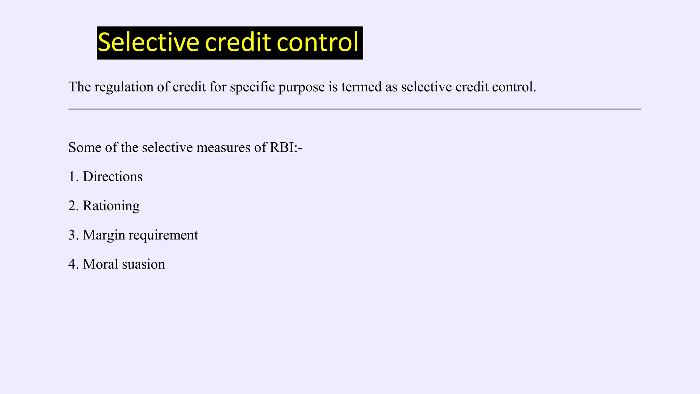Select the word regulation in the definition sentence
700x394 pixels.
(124, 87)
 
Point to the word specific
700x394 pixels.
(252, 87)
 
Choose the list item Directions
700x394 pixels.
(112, 176)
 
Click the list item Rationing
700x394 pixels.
(111, 206)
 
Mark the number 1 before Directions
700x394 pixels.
(72, 176)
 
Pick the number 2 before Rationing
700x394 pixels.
(72, 206)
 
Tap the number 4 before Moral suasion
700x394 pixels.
(72, 264)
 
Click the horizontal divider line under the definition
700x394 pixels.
(354, 109)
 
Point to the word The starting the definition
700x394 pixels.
(80, 87)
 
